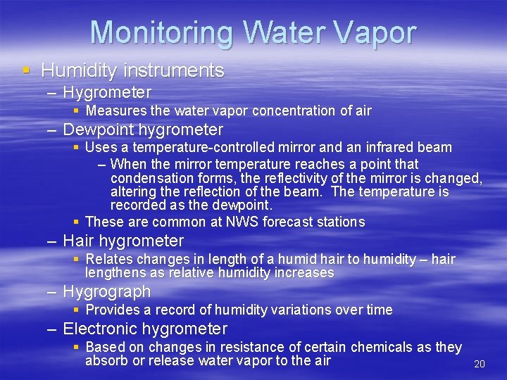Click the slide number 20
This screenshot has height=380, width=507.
[x=480, y=364]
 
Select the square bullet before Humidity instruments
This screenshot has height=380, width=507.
[x=26, y=70]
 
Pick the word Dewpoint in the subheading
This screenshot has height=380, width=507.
[x=99, y=130]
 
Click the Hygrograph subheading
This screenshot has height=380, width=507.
[x=107, y=291]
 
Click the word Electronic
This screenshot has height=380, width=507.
[x=100, y=329]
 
